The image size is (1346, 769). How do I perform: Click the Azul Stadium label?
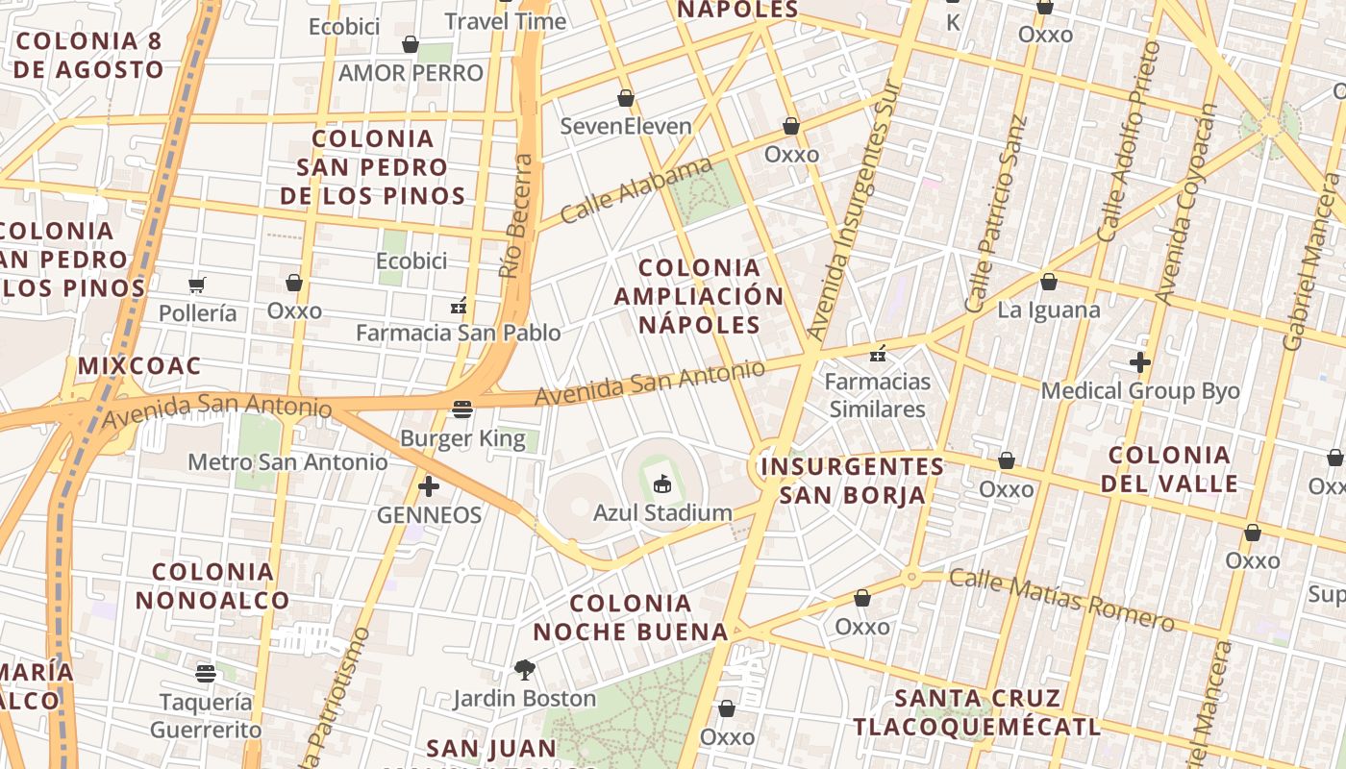tap(662, 512)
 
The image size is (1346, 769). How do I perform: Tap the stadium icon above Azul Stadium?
tap(662, 484)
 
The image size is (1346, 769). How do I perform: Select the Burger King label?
tap(462, 439)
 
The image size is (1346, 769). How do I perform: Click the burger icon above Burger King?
tap(462, 410)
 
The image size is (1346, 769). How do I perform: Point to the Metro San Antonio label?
tap(287, 462)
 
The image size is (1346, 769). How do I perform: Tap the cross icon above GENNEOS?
tap(429, 486)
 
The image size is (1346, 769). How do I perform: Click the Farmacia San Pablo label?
tap(458, 333)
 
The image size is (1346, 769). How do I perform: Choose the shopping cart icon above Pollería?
tap(197, 285)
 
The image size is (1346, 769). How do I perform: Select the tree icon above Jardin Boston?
tap(524, 670)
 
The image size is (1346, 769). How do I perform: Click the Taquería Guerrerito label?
tap(205, 716)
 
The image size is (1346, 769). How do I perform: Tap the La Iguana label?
tap(1048, 310)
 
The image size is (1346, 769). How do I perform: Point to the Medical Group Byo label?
tap(1140, 391)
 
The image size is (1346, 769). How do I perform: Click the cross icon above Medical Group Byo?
tap(1140, 362)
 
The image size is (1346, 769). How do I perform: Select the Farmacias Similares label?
tap(878, 395)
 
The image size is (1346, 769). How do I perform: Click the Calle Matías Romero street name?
tap(1061, 599)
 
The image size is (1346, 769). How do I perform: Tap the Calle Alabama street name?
tap(636, 191)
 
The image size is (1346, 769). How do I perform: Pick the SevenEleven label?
tap(626, 126)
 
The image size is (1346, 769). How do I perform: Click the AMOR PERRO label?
tap(411, 73)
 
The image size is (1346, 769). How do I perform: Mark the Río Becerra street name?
tap(517, 216)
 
